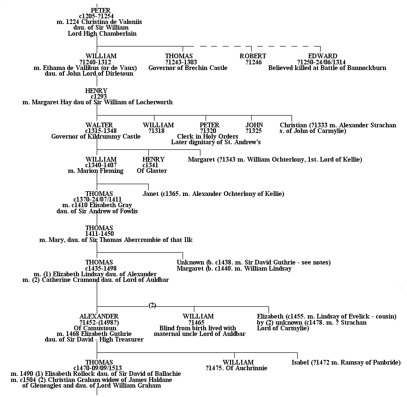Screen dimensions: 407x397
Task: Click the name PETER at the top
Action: click(101, 10)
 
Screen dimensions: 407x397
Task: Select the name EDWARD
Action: click(323, 56)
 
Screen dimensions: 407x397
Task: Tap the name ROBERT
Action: click(253, 56)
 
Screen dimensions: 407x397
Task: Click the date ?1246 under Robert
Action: click(253, 62)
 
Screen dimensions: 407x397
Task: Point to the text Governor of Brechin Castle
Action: click(188, 68)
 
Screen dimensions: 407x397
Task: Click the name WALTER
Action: click(99, 125)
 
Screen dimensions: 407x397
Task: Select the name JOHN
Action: click(254, 125)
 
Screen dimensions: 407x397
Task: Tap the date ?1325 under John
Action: click(253, 131)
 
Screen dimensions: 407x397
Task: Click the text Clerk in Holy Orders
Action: click(207, 136)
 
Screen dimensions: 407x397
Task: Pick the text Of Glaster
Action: click(152, 171)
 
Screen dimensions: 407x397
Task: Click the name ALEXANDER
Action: click(99, 316)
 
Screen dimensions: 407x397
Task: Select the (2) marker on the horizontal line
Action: click(153, 305)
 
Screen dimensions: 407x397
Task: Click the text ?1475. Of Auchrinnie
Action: click(237, 368)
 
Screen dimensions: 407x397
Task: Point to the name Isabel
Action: click(300, 362)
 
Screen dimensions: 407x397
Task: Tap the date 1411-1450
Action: click(100, 234)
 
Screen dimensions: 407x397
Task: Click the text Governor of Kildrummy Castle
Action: click(96, 136)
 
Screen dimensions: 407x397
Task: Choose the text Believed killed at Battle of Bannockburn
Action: click(327, 68)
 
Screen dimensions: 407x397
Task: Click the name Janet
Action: click(150, 194)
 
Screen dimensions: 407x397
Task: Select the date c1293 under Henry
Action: click(99, 96)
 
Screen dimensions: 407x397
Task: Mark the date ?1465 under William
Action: click(196, 322)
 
